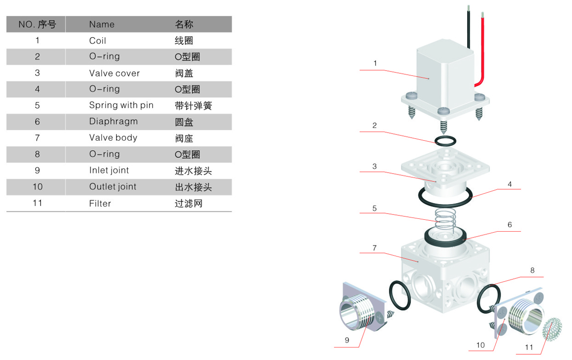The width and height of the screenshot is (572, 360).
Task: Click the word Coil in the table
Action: tap(98, 41)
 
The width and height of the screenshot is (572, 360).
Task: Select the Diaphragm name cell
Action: tap(113, 122)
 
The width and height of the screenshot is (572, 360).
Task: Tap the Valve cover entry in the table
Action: tap(114, 73)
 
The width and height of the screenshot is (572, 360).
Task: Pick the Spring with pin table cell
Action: tap(121, 105)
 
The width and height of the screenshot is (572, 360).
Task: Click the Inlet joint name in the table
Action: tap(109, 170)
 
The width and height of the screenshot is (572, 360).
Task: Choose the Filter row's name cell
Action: tap(100, 203)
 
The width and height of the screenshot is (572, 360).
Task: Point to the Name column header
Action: tap(102, 24)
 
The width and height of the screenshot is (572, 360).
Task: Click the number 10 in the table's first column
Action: tap(38, 186)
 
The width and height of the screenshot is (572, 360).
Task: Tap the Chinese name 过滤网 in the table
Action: tap(189, 203)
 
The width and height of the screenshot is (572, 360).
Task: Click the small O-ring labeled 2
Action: tap(445, 141)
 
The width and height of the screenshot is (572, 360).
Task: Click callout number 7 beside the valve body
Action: tap(375, 247)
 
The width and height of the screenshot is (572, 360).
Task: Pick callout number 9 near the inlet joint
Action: tap(347, 340)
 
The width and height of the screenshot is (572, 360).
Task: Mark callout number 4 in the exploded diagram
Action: tap(510, 184)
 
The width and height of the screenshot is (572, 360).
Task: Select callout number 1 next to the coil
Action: tap(375, 63)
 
